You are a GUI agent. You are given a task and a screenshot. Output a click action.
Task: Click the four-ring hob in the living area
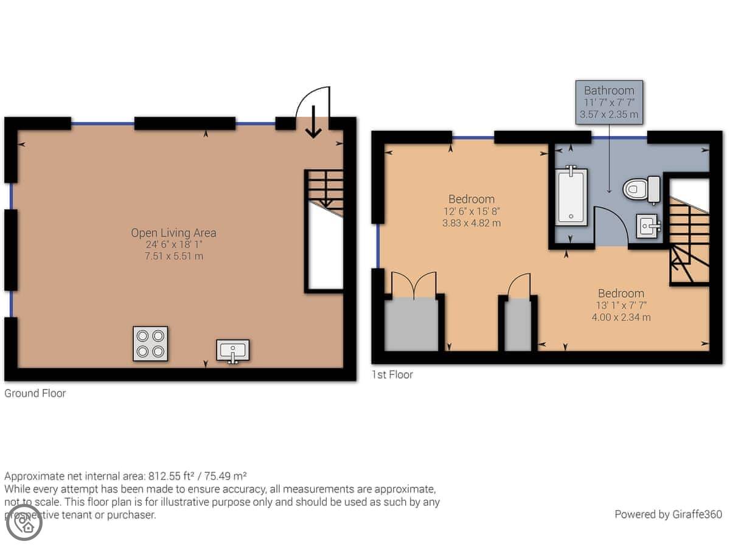[x=150, y=343]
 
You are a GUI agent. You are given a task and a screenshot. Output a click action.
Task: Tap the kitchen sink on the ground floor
[x=232, y=351]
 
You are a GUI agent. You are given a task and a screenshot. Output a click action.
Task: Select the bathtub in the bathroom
[x=571, y=196]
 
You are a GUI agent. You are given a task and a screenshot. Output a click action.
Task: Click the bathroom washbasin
[x=648, y=226]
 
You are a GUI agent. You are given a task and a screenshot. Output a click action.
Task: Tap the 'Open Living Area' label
[x=173, y=233]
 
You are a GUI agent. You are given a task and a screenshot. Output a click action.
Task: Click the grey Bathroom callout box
[x=609, y=102]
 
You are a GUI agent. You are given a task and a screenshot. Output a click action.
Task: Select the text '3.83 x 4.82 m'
[x=471, y=223]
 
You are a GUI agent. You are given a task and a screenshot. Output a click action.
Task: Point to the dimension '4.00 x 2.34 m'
[x=621, y=317]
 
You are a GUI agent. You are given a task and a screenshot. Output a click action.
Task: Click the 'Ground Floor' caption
[x=35, y=393]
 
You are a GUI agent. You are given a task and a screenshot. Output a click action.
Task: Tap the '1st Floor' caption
[x=392, y=374]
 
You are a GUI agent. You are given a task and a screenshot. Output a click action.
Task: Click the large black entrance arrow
[x=313, y=122]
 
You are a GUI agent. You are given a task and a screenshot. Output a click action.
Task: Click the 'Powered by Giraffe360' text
[x=668, y=514]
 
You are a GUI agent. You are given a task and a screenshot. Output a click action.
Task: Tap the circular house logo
[x=24, y=523]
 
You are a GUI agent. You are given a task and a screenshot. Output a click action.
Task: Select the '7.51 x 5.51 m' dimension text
[x=174, y=256]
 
